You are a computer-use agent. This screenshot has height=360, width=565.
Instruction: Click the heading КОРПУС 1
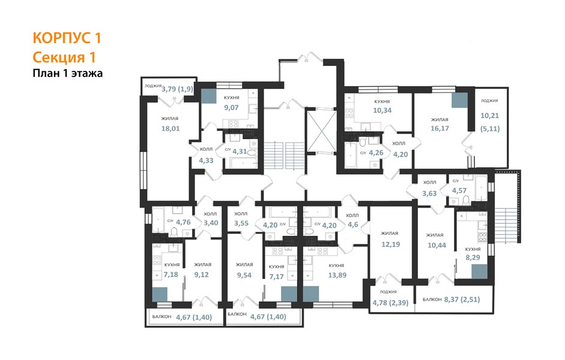tap(67, 38)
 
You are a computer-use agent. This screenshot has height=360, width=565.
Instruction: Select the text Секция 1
tap(64, 57)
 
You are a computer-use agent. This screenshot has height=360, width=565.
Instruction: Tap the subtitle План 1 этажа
tap(68, 73)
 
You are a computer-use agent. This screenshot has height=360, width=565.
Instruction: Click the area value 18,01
tap(171, 128)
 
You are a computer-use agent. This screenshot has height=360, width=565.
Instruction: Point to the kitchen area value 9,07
tap(231, 107)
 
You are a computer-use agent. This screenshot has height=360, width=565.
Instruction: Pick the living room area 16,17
tap(440, 128)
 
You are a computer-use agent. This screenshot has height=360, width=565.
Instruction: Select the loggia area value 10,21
tap(490, 116)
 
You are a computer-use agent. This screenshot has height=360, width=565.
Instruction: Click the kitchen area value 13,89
tap(337, 275)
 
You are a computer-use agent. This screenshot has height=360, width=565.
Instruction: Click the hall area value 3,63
tap(429, 193)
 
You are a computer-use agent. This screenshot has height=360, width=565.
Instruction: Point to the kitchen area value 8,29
tap(473, 257)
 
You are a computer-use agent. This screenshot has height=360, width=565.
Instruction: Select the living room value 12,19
tap(391, 244)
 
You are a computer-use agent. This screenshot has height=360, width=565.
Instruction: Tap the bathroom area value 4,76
tap(183, 222)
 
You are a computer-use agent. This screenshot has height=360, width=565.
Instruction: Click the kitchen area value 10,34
tap(382, 110)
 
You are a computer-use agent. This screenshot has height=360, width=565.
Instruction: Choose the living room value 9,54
tap(244, 275)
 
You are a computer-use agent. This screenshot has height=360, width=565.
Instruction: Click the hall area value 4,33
tap(206, 161)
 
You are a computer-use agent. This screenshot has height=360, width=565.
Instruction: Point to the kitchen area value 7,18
tap(171, 274)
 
